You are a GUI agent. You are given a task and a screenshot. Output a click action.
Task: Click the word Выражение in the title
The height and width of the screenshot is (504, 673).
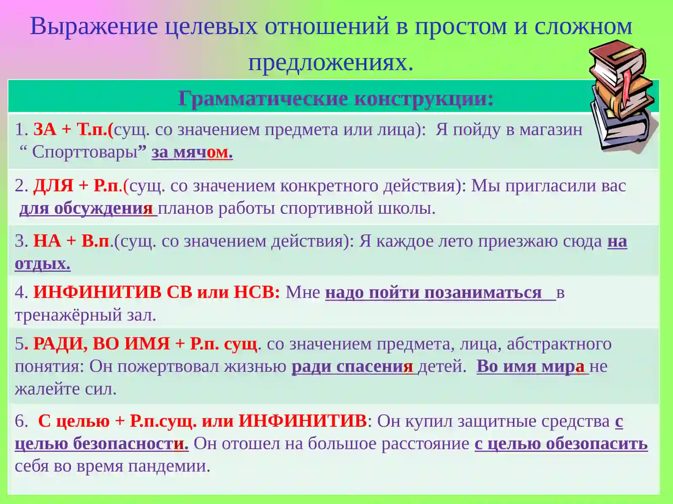[x=94, y=26]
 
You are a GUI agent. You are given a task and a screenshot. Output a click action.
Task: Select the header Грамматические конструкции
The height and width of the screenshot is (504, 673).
[x=335, y=99]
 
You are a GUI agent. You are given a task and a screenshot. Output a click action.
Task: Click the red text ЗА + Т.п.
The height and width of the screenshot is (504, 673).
[x=73, y=129]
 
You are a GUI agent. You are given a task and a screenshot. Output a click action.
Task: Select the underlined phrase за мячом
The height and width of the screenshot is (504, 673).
[x=192, y=152]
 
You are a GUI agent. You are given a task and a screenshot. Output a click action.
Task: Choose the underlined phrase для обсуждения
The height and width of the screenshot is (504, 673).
[x=87, y=208]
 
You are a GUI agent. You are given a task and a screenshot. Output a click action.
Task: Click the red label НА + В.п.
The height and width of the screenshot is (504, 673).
[x=71, y=241]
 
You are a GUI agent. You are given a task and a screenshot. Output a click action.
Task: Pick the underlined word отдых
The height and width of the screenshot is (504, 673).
[x=42, y=264]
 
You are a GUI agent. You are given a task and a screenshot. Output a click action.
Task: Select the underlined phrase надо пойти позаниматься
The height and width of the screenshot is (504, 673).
[x=433, y=293]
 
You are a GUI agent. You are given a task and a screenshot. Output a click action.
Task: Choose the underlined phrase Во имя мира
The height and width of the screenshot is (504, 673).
[x=530, y=367]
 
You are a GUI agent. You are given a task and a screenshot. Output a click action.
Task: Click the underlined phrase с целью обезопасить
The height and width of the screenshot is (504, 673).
[x=561, y=444]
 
